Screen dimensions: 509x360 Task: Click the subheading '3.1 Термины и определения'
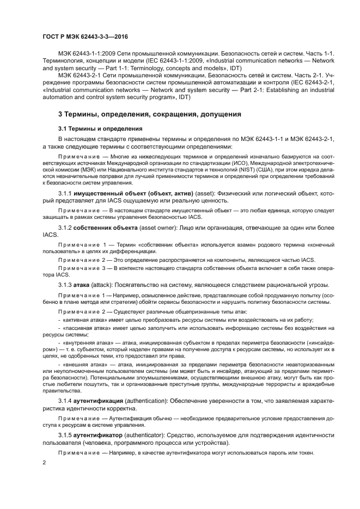pyautogui.click(x=100, y=129)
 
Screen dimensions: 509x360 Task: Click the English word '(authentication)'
pyautogui.click(x=150, y=401)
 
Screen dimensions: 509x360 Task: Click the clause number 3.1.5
pyautogui.click(x=68, y=436)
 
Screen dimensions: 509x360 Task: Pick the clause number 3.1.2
pyautogui.click(x=68, y=242)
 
